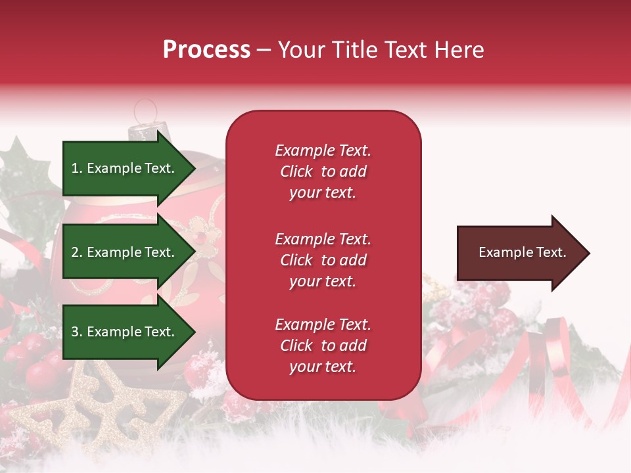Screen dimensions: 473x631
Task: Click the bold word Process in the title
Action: (206, 50)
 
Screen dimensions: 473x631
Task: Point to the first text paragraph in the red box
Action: (323, 171)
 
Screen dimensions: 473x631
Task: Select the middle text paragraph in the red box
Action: (323, 260)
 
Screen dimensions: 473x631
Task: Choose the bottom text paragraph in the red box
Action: (323, 346)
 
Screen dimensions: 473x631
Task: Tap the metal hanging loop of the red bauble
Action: (146, 110)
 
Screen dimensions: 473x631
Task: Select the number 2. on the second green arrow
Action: (77, 252)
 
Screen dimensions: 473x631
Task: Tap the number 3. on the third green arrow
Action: (77, 332)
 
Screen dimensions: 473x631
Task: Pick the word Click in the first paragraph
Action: (296, 171)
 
